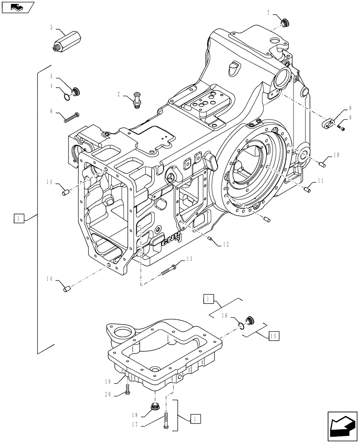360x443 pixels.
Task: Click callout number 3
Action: click(51, 27)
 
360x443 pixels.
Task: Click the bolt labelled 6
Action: click(71, 117)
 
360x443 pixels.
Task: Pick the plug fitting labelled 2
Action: click(137, 101)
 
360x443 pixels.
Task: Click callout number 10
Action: click(336, 155)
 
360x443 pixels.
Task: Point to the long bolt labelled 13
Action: click(170, 268)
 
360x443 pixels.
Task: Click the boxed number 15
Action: click(274, 336)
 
